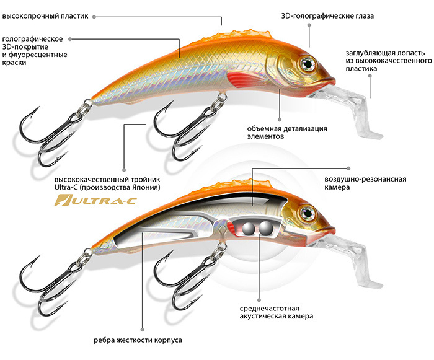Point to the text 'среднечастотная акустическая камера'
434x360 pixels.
click(x=276, y=312)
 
